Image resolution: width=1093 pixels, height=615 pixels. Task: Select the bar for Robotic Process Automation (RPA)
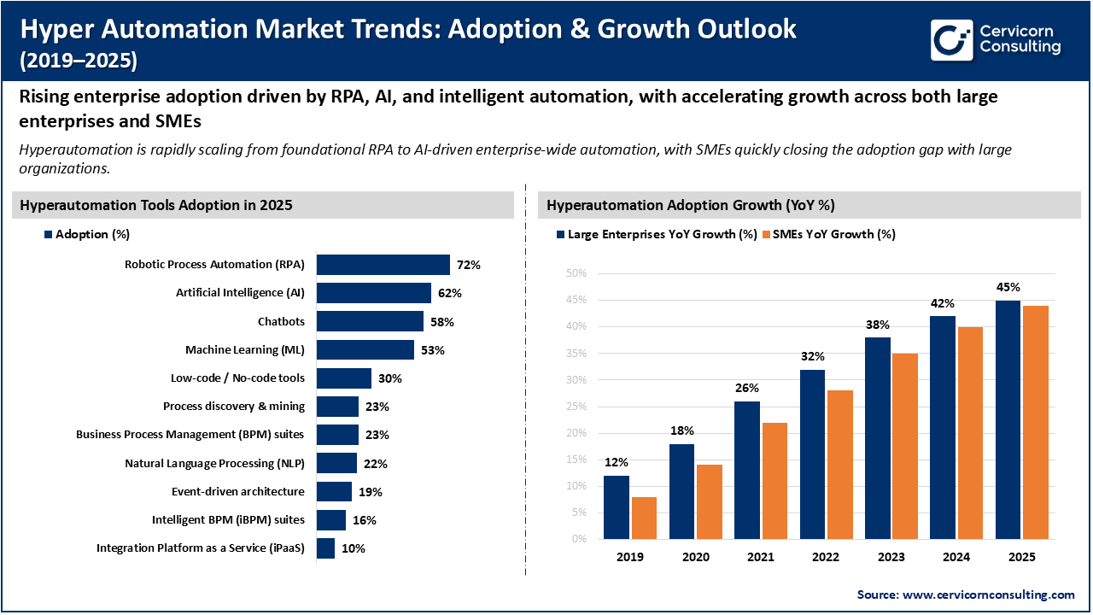coord(383,265)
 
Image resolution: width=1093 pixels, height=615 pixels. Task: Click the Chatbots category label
coord(281,322)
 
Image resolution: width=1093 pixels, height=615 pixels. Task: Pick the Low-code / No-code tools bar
coord(343,378)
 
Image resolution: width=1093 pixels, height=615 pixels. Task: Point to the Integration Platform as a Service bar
coord(325,548)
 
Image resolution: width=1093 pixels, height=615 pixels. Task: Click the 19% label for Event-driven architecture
coord(370,492)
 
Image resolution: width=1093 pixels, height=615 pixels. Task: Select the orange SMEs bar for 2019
coord(643,518)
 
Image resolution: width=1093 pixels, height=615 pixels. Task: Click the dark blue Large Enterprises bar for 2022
coord(813,454)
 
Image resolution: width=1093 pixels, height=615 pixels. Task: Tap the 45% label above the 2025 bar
coord(1008,287)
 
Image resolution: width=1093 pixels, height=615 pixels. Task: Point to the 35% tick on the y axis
coord(576,353)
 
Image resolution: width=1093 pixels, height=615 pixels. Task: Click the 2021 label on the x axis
coord(760,556)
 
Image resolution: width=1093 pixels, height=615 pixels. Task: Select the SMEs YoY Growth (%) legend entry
coord(833,234)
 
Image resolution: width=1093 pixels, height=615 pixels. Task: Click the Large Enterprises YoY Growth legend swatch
coord(560,234)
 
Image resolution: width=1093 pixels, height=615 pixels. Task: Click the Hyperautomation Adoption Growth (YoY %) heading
coord(690,205)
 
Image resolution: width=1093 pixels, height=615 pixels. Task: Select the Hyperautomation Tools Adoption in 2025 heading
coord(156,205)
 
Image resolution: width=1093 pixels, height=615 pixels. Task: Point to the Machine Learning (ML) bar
coord(365,350)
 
